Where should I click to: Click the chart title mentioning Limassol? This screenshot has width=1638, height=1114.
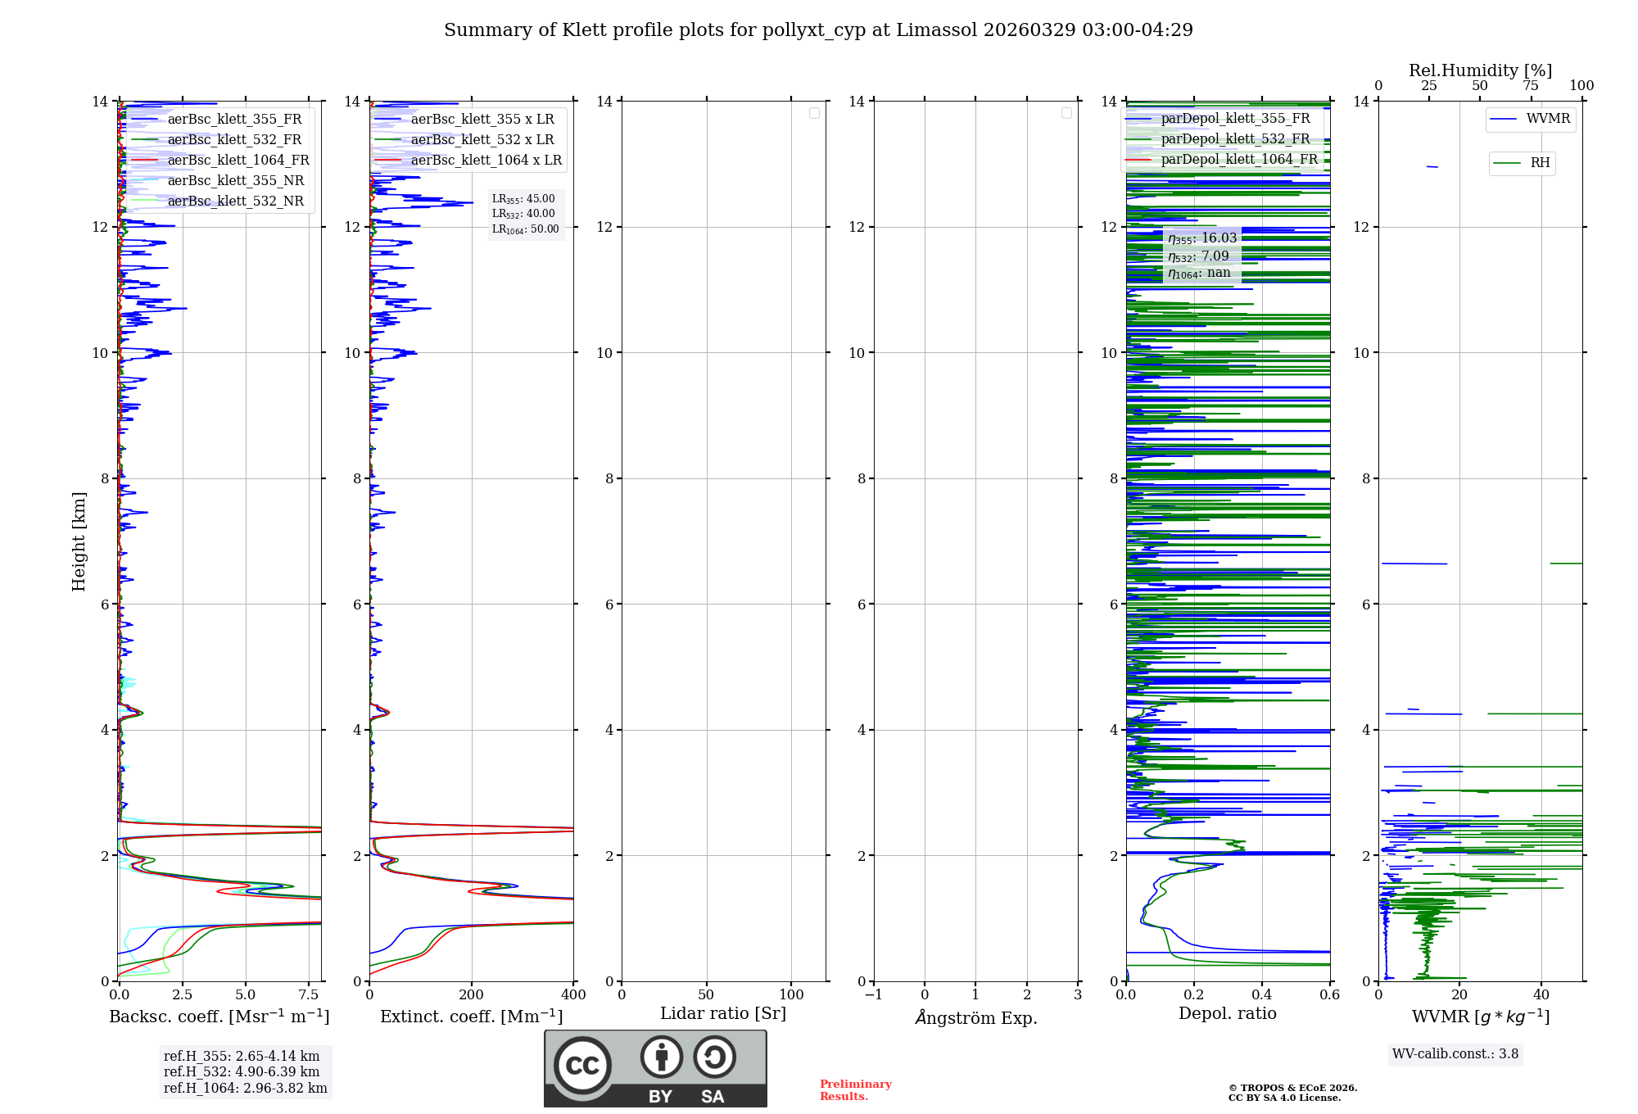(x=818, y=30)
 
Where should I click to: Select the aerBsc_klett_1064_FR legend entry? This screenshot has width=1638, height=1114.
(x=238, y=160)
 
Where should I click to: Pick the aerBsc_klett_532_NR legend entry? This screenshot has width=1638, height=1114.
(x=235, y=201)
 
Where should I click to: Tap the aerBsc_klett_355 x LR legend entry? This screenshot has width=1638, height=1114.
(x=482, y=119)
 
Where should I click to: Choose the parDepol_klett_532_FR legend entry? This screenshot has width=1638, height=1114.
(x=1235, y=138)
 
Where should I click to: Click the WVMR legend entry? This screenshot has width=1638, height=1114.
(x=1548, y=119)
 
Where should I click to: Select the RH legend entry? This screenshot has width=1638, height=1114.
(x=1540, y=163)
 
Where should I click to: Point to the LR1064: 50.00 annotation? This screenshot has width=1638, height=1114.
(x=526, y=229)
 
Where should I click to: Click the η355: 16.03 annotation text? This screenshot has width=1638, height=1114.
(x=1202, y=238)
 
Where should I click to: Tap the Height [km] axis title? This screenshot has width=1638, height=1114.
(x=79, y=541)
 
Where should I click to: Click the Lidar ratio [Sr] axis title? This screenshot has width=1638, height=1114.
(x=723, y=1013)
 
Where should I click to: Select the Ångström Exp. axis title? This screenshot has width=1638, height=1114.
(x=976, y=1017)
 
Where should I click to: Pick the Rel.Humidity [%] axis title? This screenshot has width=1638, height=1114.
(x=1480, y=70)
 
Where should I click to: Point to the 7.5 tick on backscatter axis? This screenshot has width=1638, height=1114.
(x=309, y=994)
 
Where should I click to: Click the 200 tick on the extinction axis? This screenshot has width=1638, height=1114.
(x=472, y=994)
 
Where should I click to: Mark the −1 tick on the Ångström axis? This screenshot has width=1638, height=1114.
(x=874, y=994)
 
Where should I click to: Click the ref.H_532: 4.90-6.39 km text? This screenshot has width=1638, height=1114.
(x=242, y=1071)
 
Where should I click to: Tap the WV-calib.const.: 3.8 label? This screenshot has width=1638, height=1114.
(x=1455, y=1054)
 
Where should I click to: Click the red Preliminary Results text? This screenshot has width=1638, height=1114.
(x=855, y=1090)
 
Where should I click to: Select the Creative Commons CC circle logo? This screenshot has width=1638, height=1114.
(x=582, y=1066)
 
